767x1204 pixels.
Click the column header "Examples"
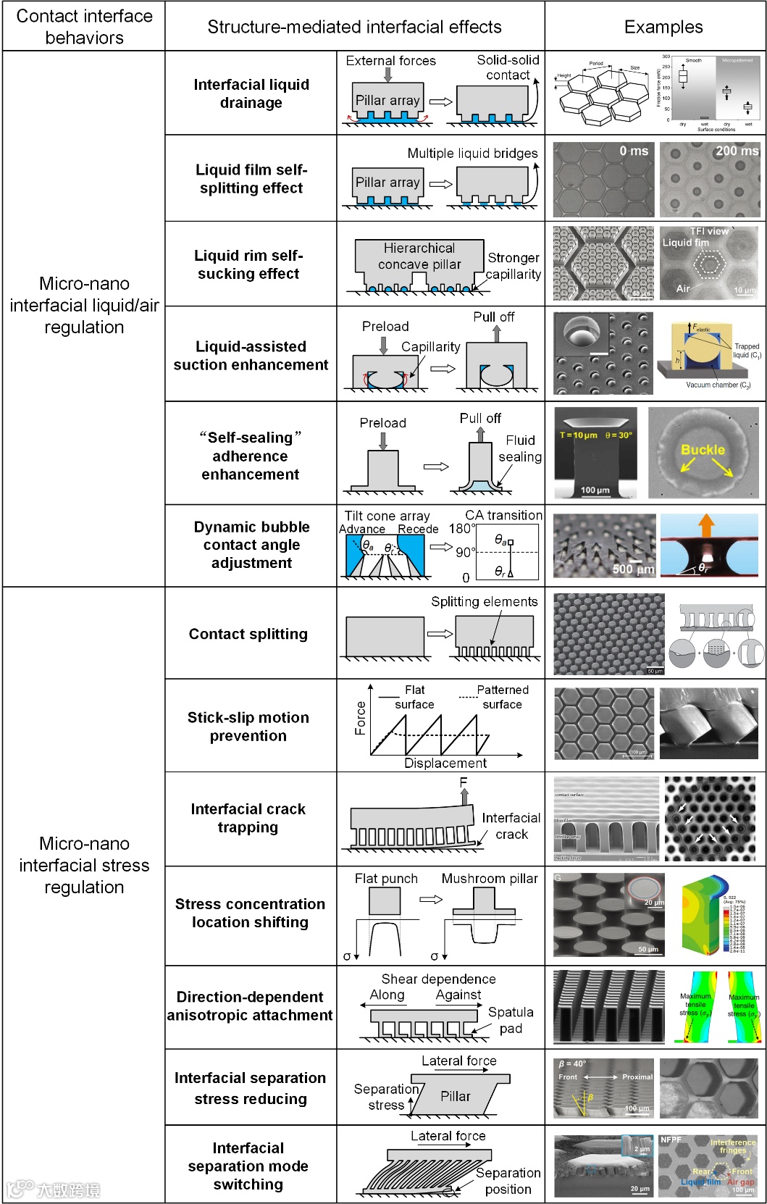(x=663, y=27)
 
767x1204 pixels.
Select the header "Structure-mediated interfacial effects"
(x=354, y=27)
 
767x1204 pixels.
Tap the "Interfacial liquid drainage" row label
(x=251, y=93)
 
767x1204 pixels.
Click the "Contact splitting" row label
(x=248, y=634)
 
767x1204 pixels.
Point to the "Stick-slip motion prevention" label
(x=248, y=726)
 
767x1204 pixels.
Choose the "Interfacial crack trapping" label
(x=248, y=818)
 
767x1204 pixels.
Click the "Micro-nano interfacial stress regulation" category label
(x=84, y=865)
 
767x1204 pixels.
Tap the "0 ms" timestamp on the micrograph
(x=633, y=151)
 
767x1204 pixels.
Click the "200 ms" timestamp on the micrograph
(x=737, y=151)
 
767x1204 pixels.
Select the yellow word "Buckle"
(x=702, y=449)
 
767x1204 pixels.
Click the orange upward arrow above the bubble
(x=706, y=525)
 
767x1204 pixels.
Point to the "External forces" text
(x=390, y=61)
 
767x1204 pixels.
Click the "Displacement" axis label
(x=445, y=763)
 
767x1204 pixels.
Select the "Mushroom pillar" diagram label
(x=490, y=878)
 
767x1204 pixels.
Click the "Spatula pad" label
(x=511, y=1020)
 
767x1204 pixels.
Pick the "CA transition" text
(x=503, y=515)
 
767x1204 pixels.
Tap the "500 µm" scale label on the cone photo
(x=633, y=569)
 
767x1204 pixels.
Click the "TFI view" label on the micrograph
(x=709, y=231)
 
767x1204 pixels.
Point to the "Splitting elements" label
(x=484, y=601)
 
